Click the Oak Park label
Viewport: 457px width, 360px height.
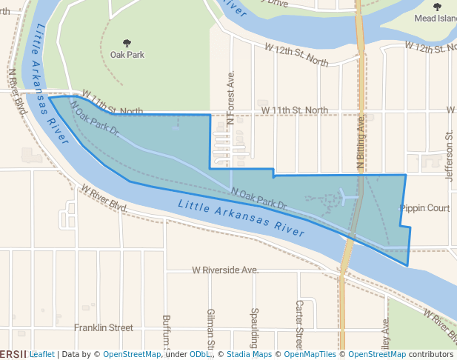coord(127,55)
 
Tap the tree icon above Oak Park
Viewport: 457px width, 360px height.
coord(127,43)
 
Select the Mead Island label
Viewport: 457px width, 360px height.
coord(436,18)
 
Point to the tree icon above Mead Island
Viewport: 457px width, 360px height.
coord(436,7)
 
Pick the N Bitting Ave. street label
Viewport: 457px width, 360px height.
coord(361,143)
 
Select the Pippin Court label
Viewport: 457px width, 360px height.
coord(424,209)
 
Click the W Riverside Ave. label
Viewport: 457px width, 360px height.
coord(224,270)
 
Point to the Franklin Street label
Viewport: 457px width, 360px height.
coord(103,327)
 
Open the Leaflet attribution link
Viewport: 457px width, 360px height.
coord(42,354)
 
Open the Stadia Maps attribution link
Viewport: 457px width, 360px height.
coord(252,354)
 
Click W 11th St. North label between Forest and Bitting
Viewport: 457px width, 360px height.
coord(295,110)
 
